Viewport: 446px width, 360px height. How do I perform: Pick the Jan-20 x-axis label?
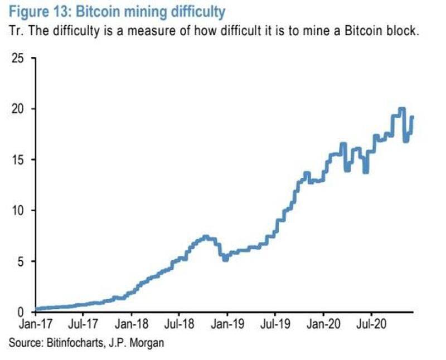point(323,323)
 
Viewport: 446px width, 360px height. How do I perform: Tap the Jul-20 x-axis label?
point(371,323)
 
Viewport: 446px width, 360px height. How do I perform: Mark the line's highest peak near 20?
point(401,108)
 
